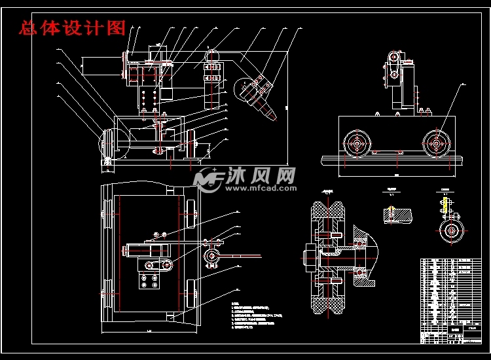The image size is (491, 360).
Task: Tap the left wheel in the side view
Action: (x=357, y=142)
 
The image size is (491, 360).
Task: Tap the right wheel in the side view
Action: (x=436, y=142)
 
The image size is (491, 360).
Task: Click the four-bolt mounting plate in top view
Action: (x=149, y=281)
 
